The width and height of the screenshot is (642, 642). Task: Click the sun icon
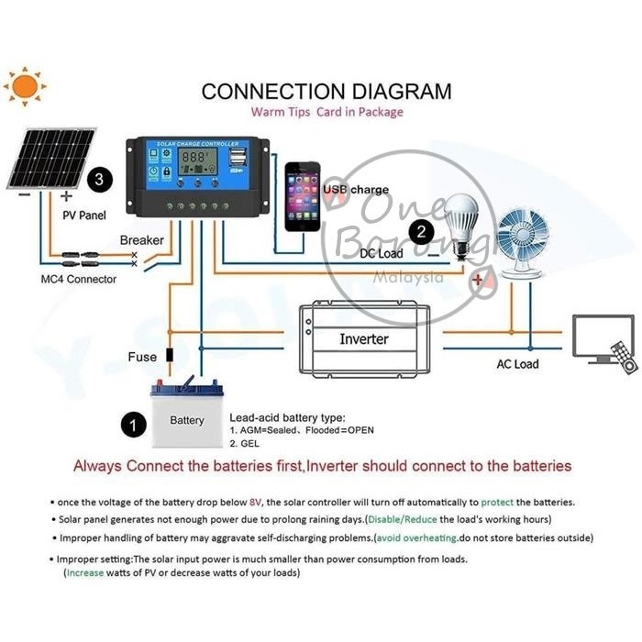coord(25,86)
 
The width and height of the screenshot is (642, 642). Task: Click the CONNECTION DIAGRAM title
coord(326,92)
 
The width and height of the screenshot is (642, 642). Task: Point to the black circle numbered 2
coord(422,230)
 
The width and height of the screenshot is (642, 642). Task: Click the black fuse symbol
coord(169,356)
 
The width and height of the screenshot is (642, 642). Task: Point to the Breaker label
coord(142,240)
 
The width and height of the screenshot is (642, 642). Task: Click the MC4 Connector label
coord(78,279)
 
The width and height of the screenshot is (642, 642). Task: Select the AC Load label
coord(517,364)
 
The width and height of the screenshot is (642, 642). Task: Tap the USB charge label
coord(355,189)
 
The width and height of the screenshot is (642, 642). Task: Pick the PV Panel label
coord(83,216)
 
